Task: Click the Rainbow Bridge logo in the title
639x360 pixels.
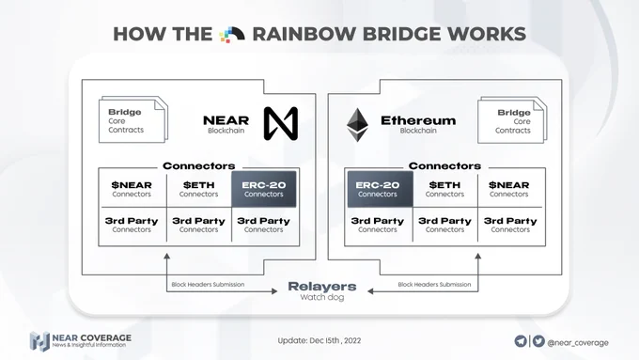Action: [x=232, y=34]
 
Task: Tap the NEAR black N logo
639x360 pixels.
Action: [x=281, y=123]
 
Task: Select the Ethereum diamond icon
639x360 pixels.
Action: [x=357, y=125]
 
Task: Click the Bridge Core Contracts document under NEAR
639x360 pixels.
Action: [x=133, y=119]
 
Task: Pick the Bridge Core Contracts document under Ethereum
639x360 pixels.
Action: [x=512, y=120]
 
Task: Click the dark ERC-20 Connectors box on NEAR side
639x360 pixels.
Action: [x=264, y=189]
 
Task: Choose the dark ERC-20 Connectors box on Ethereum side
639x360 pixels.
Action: [x=380, y=189]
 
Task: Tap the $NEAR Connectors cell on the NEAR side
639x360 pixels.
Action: [x=132, y=189]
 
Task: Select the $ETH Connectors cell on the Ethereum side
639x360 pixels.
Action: [x=445, y=189]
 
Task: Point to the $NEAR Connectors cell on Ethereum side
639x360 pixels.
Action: [x=509, y=189]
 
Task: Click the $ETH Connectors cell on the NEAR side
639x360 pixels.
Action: [x=199, y=189]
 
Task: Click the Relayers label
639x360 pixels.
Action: [x=322, y=286]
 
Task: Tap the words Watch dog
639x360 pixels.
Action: [x=322, y=297]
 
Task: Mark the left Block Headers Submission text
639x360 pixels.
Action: [x=208, y=284]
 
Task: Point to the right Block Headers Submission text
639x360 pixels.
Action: [x=434, y=284]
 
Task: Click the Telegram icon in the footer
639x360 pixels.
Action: [x=521, y=341]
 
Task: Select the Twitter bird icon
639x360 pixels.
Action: [x=538, y=341]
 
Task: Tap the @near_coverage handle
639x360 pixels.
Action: [x=578, y=343]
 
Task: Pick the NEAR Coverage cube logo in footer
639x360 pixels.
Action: [x=39, y=341]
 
